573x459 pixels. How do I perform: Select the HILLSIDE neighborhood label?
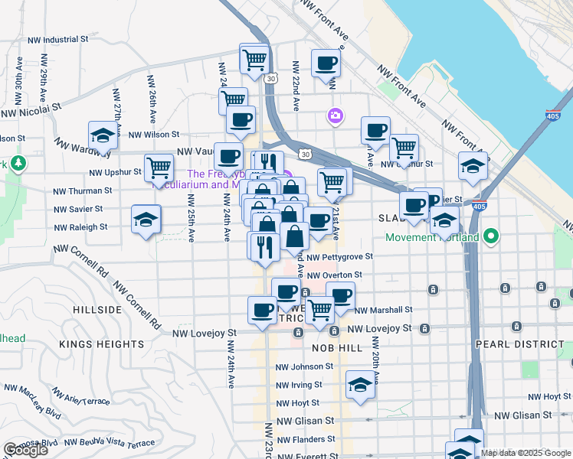click(97, 310)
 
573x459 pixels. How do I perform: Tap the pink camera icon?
click(335, 116)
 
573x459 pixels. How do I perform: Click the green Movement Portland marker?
click(495, 236)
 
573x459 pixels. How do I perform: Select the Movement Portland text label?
click(432, 237)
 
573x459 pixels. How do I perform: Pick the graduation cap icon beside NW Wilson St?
click(102, 136)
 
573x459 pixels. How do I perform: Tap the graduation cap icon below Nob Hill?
click(359, 385)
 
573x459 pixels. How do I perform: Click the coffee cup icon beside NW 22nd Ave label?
click(326, 63)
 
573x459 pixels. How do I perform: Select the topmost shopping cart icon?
click(254, 58)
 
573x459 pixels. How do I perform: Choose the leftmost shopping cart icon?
click(159, 168)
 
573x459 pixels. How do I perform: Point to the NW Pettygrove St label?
click(339, 257)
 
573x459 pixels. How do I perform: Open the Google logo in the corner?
click(25, 450)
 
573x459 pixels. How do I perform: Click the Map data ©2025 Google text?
click(525, 453)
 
